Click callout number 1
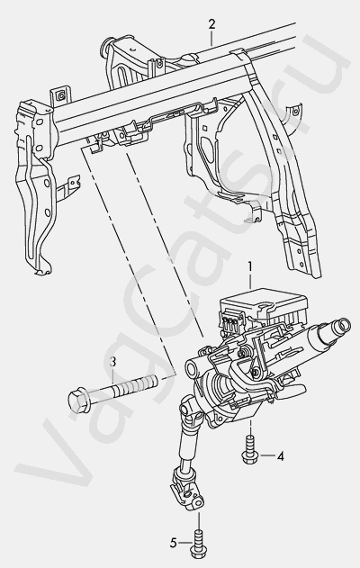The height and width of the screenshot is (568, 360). (x=250, y=266)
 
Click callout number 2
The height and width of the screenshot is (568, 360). (x=211, y=24)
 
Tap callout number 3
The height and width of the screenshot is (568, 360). (x=112, y=362)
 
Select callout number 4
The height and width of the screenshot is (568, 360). (x=280, y=456)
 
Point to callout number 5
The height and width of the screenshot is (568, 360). (x=174, y=543)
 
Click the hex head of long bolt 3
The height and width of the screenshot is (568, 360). (x=76, y=401)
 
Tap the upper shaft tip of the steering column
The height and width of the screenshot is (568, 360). (x=340, y=325)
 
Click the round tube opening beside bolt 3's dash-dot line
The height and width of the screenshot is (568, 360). (x=191, y=370)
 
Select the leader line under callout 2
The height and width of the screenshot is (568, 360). (x=211, y=37)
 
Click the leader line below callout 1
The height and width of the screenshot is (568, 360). (x=250, y=281)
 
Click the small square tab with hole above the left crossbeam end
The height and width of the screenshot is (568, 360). (x=60, y=95)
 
